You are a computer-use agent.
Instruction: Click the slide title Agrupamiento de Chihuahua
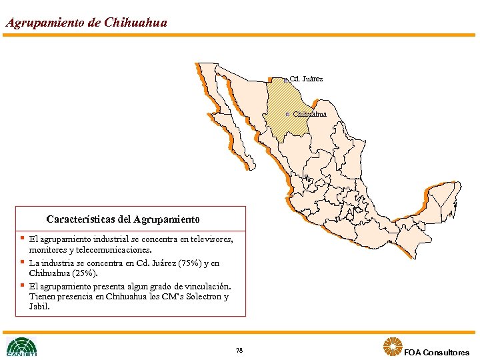pos(86,22)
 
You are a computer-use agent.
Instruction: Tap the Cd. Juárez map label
pos(307,79)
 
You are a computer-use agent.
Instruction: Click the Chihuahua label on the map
pos(310,114)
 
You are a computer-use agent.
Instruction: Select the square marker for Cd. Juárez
pos(285,80)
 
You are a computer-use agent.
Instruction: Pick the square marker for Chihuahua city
pos(287,114)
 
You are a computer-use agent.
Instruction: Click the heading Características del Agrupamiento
pos(123,219)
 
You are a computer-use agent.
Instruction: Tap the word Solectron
pos(202,297)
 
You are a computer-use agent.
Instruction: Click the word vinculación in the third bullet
pos(207,286)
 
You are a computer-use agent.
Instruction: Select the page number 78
pos(239,351)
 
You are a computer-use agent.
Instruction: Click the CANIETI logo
pos(22,347)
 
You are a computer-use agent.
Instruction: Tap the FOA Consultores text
pos(437,352)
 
